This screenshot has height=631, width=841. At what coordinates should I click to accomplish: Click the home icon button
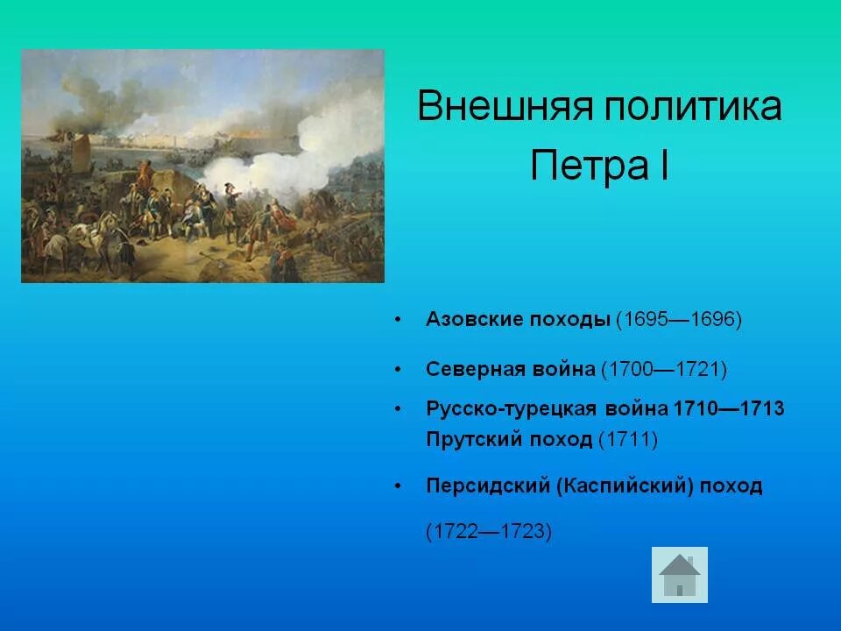point(680,575)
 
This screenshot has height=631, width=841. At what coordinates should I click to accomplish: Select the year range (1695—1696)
point(678,319)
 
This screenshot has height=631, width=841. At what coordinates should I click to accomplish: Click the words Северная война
point(510,369)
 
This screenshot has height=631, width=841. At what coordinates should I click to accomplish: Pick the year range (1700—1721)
point(663,369)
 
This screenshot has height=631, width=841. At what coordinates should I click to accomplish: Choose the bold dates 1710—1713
point(729,409)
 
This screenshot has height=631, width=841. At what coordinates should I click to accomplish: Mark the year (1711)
point(627,439)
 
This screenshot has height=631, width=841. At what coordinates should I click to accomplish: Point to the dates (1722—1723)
point(488,532)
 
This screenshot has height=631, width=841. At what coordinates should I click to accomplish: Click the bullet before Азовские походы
point(399,320)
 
